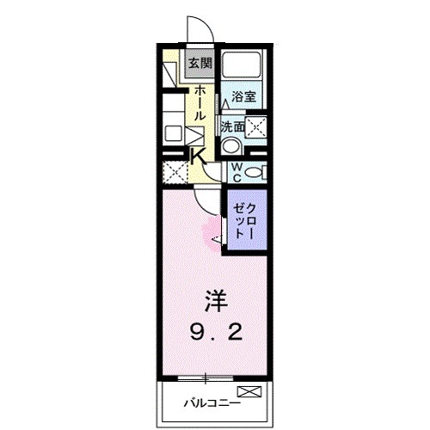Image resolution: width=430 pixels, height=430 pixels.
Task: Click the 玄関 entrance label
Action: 200,63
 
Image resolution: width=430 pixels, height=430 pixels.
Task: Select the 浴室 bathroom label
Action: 243,98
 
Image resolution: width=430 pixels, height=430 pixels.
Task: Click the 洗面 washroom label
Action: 231,126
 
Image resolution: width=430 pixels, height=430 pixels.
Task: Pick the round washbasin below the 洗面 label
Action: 231,147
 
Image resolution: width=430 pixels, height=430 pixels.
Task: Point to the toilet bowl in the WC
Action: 255,172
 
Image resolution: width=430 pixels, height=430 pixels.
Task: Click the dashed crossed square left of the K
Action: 175,172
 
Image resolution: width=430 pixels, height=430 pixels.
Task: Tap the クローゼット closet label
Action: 244,221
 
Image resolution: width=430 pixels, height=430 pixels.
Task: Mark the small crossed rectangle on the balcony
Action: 249,393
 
